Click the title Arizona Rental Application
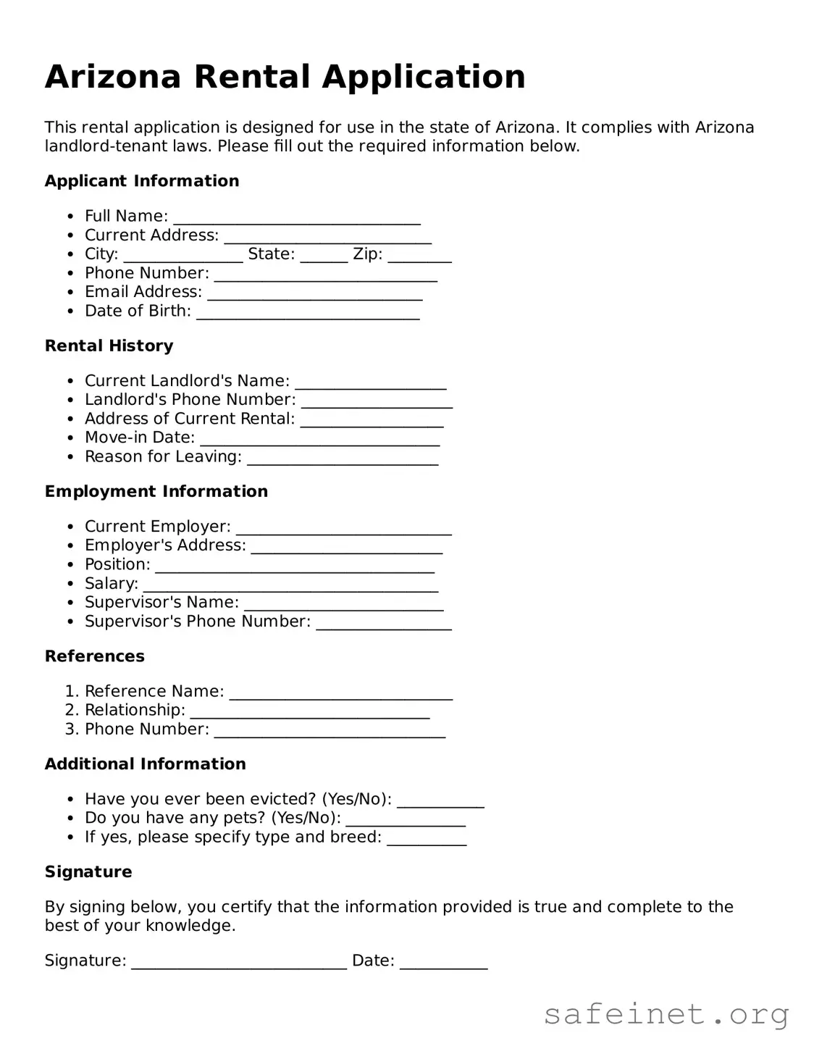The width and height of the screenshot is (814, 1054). tap(285, 77)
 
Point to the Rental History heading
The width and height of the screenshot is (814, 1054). tap(109, 346)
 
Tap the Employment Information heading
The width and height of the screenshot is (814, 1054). tap(156, 491)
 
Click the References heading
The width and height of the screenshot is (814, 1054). tap(95, 656)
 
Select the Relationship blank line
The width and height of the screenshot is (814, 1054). tap(310, 714)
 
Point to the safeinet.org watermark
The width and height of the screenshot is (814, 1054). tap(666, 1014)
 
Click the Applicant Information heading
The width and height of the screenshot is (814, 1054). tap(142, 181)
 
